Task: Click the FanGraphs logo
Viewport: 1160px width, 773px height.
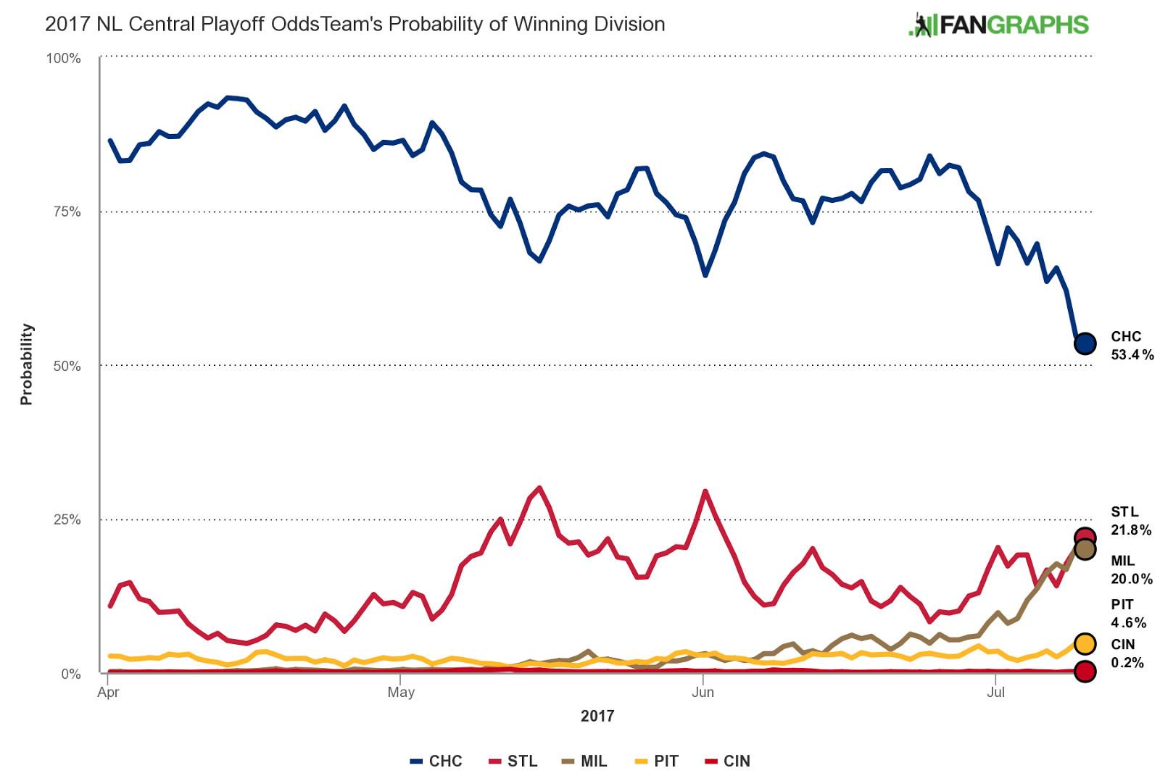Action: [x=998, y=25]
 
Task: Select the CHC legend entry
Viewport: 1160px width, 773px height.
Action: [x=436, y=761]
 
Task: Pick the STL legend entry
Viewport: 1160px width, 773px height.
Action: [x=513, y=761]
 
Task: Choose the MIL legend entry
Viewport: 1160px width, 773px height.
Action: [x=584, y=761]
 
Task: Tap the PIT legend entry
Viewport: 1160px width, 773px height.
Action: [x=657, y=761]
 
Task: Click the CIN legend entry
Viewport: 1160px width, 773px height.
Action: [x=727, y=761]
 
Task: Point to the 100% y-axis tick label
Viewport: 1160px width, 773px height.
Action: [x=64, y=59]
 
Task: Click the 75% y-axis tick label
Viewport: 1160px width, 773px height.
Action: [x=67, y=212]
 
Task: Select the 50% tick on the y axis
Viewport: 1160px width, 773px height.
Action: [x=67, y=366]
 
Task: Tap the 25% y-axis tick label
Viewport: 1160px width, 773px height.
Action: [x=67, y=519]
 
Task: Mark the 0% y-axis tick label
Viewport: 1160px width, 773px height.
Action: [x=70, y=674]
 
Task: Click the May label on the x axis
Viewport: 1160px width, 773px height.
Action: [x=401, y=692]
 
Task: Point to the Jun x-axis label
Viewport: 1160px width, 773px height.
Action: [x=703, y=692]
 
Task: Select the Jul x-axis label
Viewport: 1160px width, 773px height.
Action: [x=995, y=692]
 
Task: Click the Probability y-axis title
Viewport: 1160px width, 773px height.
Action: [x=27, y=364]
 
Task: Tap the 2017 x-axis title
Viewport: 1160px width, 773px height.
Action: [x=597, y=716]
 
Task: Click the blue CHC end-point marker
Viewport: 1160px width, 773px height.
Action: [x=1085, y=343]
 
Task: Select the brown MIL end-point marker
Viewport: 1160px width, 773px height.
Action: [x=1085, y=549]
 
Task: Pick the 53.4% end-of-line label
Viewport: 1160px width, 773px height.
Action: [x=1132, y=354]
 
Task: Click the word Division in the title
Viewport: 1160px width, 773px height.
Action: [x=629, y=24]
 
